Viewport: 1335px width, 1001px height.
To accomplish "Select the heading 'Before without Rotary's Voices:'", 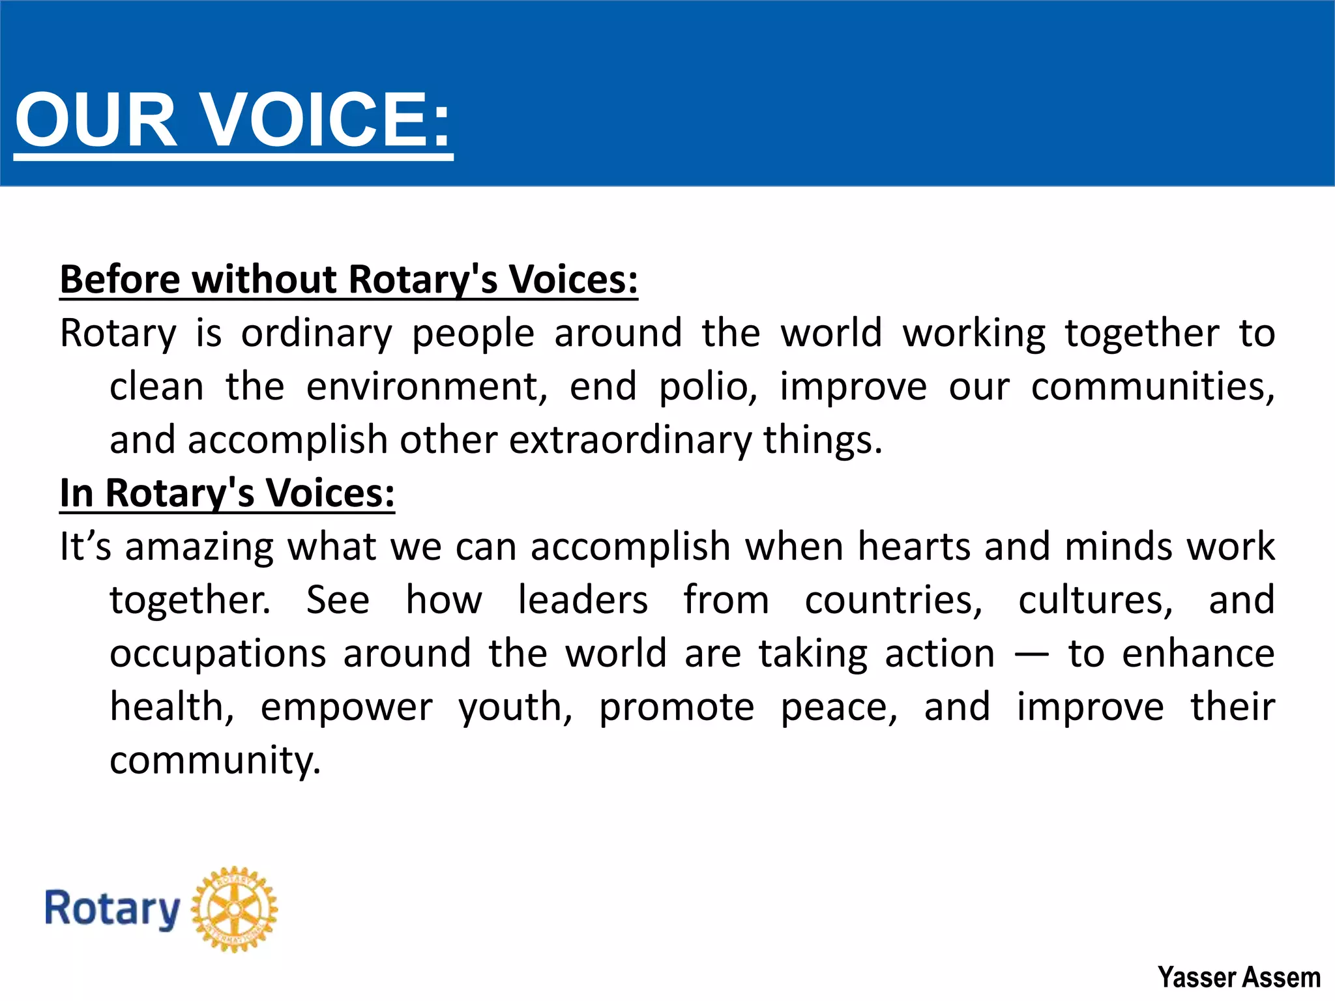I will (349, 280).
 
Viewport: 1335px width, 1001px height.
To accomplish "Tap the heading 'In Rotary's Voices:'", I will (227, 493).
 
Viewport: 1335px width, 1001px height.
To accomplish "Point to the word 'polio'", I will (708, 386).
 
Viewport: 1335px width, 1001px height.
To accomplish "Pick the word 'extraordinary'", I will (630, 440).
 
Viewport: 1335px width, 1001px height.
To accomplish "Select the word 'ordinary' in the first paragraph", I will (317, 334).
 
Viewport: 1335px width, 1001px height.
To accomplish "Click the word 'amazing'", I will (199, 546).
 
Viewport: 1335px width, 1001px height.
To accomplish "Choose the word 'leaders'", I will (583, 600).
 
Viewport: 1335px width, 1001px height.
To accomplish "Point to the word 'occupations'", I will (218, 653).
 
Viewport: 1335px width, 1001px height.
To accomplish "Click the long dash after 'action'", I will (1032, 654).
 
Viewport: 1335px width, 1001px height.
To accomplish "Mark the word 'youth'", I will (515, 708).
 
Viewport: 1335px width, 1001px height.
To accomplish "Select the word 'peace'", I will (839, 708).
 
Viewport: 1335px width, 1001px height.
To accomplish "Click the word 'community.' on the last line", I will (215, 761).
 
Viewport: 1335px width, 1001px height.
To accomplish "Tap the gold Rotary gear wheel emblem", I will (235, 909).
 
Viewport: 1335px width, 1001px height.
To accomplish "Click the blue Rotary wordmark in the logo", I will (112, 909).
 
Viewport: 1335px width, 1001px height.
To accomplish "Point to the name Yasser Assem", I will (1239, 978).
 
